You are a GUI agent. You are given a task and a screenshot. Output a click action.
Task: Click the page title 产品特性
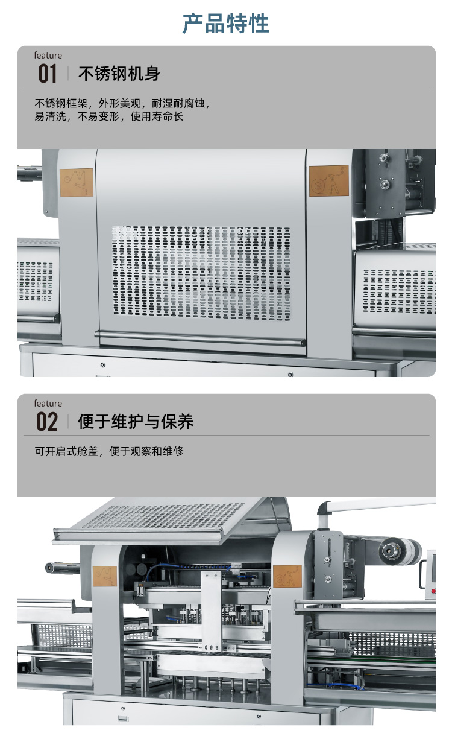point(226,24)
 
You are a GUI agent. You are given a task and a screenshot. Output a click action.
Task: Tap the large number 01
point(48,74)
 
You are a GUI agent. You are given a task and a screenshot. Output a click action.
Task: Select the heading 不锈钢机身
point(119,74)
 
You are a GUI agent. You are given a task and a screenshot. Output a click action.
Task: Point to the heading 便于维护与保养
point(136,422)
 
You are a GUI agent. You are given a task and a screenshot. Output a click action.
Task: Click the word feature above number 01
point(48,56)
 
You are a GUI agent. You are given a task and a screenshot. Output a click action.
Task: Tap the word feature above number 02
point(48,403)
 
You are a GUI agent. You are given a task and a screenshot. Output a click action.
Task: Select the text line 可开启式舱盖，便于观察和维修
point(109,451)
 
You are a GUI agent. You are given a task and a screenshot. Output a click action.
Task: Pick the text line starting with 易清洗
point(109,116)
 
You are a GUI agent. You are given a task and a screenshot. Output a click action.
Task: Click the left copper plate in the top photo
point(77,182)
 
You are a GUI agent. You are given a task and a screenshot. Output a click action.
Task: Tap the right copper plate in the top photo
point(328,180)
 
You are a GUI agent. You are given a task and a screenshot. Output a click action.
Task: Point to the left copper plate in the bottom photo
point(105,576)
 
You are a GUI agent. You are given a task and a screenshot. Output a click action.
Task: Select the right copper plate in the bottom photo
point(287,577)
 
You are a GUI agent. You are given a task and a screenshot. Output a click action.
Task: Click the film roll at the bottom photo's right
point(400,550)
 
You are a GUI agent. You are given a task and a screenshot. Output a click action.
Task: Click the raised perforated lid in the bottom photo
point(163,518)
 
